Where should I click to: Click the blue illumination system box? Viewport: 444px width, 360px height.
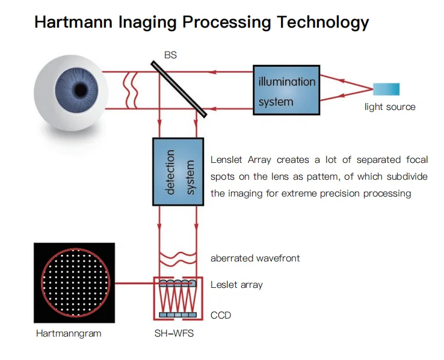[x=286, y=91]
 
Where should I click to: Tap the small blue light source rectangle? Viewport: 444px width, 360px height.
[x=386, y=90]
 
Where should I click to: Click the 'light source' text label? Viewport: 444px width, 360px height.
[x=390, y=107]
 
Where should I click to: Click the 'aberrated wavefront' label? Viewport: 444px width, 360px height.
[x=255, y=258]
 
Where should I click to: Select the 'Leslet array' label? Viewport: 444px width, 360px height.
[x=236, y=284]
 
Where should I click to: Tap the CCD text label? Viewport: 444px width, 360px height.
[x=221, y=315]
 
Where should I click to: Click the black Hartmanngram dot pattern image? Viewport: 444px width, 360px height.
[x=74, y=282]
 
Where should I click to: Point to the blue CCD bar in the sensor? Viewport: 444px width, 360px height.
[x=177, y=315]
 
